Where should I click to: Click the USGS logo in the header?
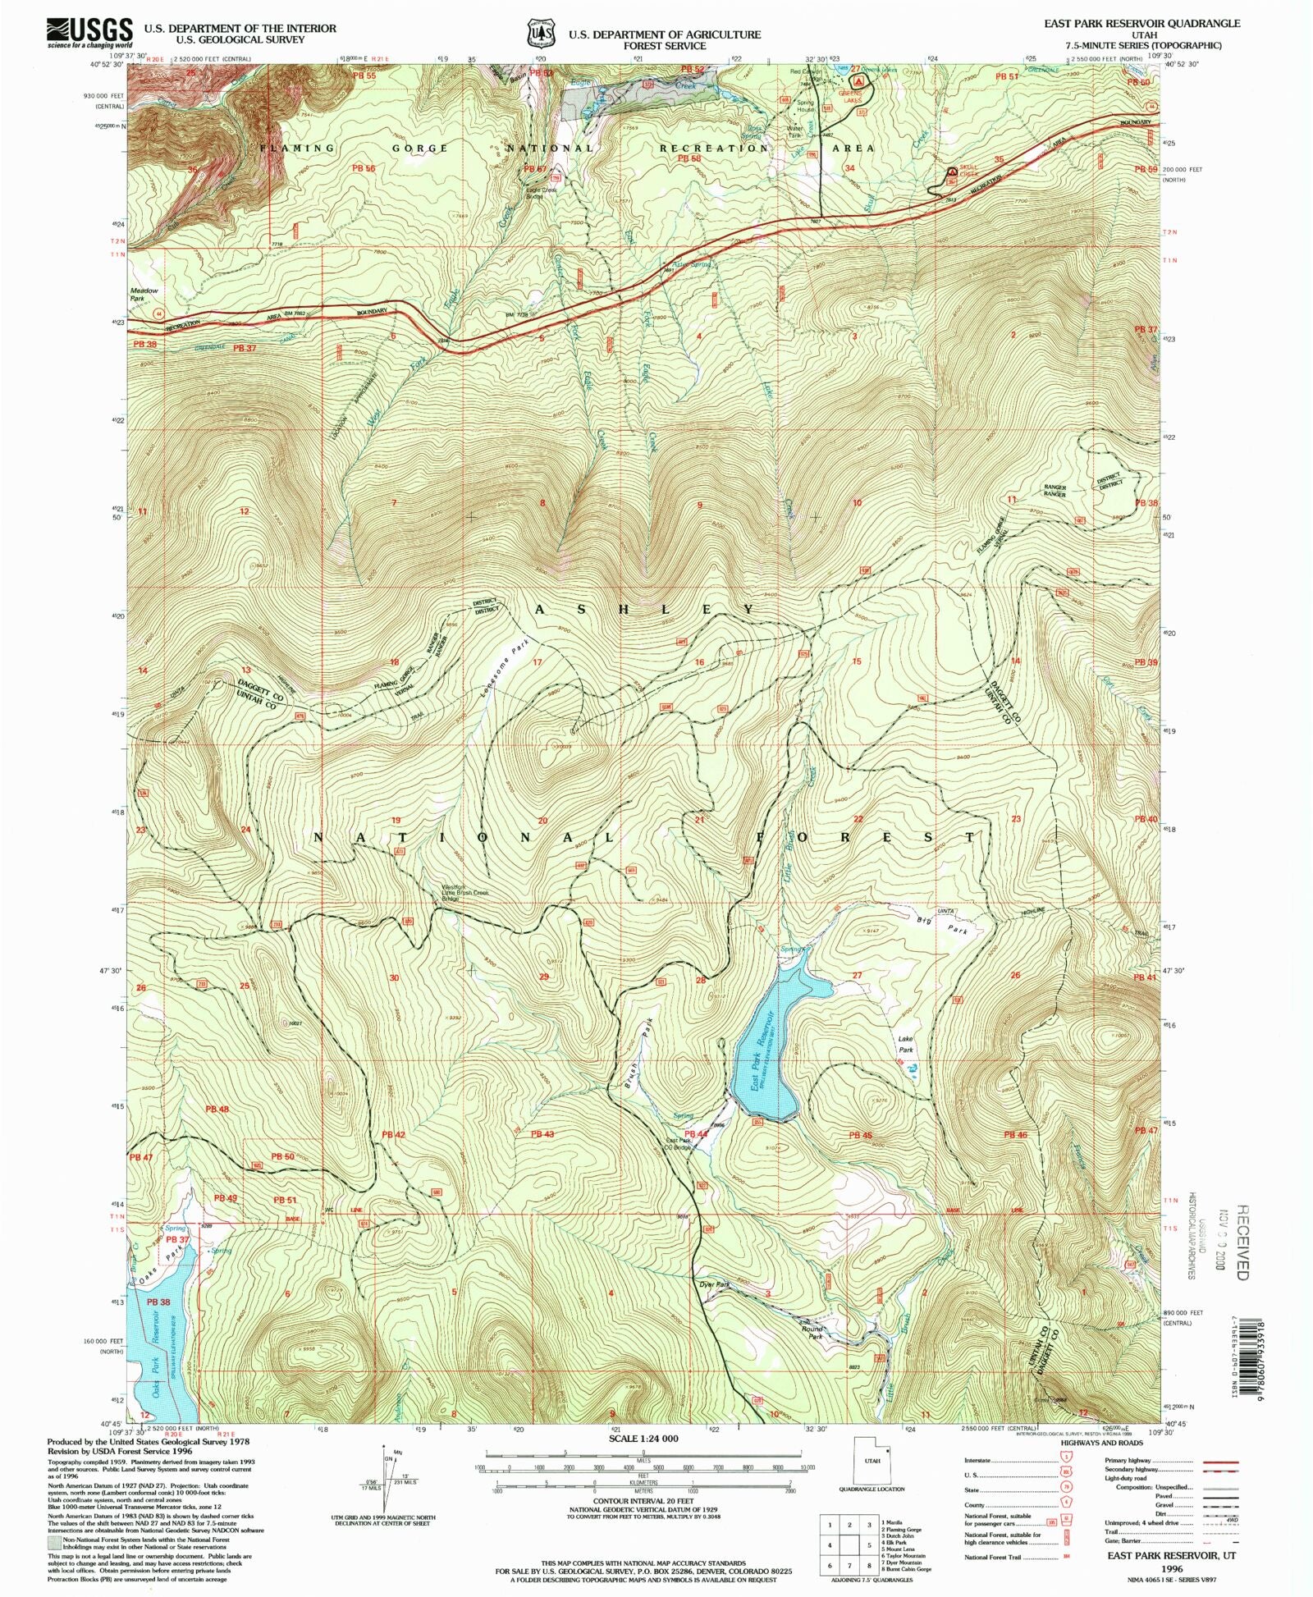click(x=89, y=32)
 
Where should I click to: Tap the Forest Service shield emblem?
click(x=538, y=34)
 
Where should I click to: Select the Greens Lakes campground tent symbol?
click(x=858, y=82)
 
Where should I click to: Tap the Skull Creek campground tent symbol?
click(x=952, y=173)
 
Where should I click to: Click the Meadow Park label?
click(x=144, y=294)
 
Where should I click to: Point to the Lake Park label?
click(x=905, y=1044)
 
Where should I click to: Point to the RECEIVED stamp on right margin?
click(x=1242, y=1242)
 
